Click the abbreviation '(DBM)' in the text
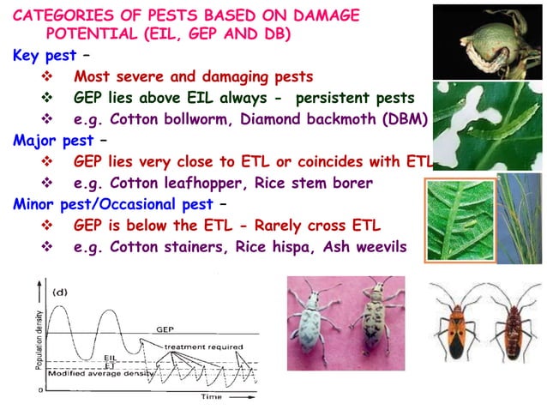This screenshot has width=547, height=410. [400, 119]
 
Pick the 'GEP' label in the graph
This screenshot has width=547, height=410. [165, 329]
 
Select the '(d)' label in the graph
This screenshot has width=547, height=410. [61, 292]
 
